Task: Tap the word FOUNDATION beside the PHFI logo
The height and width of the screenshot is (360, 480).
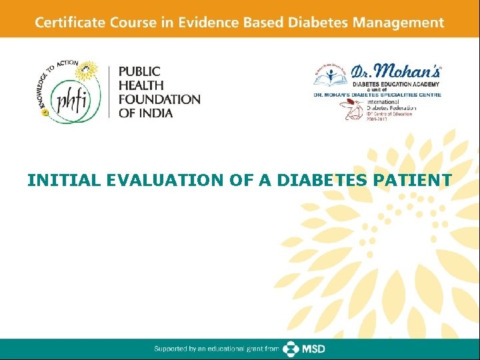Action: pyautogui.click(x=159, y=99)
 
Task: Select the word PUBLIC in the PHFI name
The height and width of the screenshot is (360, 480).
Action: pyautogui.click(x=139, y=71)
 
